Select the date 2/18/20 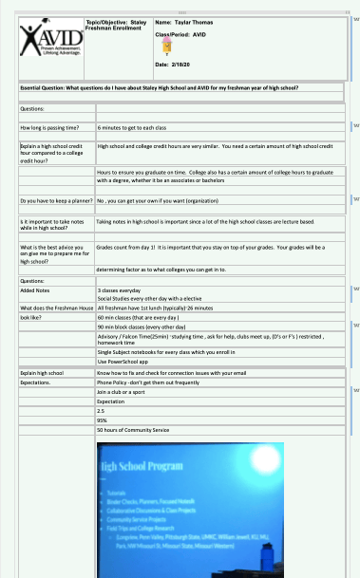click(x=172, y=65)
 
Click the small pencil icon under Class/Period click(x=167, y=46)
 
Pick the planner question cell click(x=53, y=200)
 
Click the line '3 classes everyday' click(x=119, y=290)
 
